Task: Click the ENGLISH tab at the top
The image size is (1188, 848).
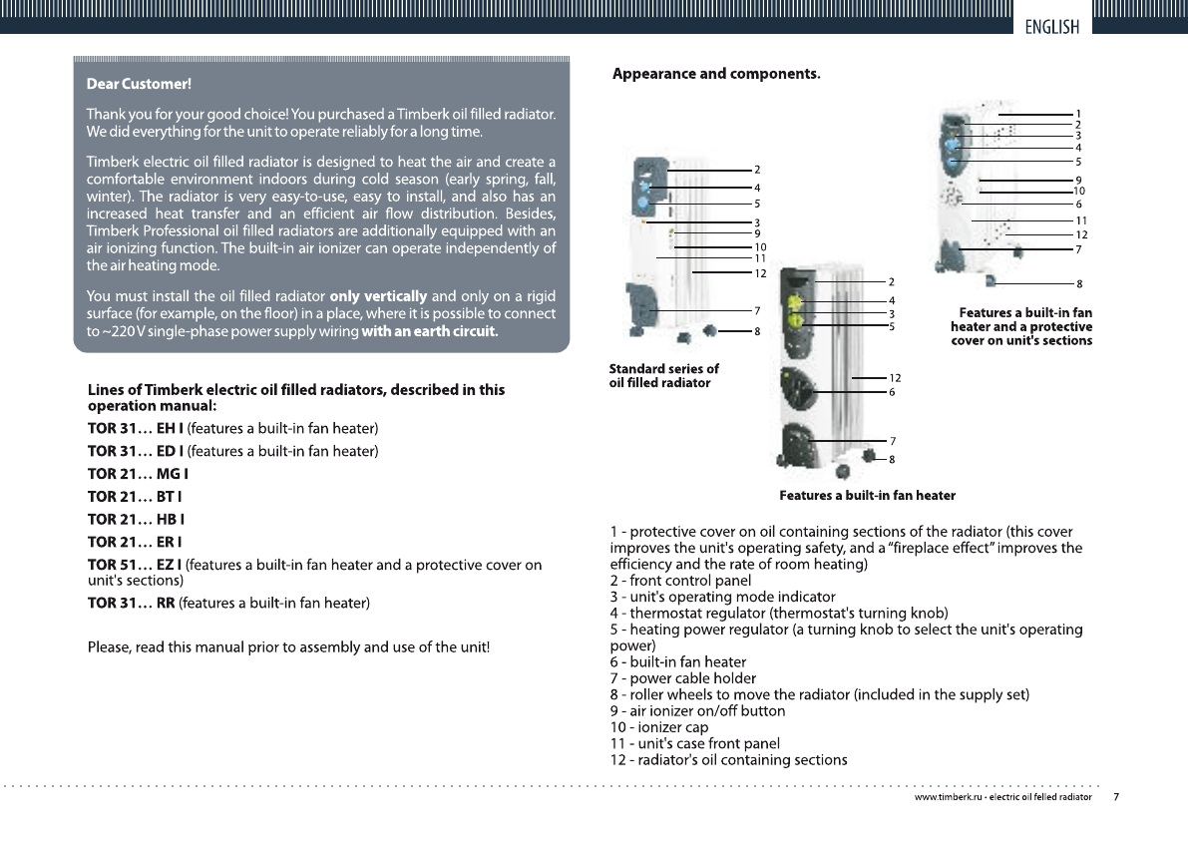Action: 1051,27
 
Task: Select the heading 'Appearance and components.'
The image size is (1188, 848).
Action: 716,74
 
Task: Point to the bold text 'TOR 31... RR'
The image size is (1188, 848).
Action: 131,603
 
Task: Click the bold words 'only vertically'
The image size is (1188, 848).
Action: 378,296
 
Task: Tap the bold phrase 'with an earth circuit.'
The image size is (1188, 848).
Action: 430,332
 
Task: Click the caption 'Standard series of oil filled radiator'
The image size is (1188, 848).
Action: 663,376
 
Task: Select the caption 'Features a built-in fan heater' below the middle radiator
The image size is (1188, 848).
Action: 867,496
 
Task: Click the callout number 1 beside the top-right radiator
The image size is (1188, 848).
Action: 1078,114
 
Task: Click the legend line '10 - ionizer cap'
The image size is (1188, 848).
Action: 659,727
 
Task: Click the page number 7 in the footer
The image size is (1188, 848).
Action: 1116,798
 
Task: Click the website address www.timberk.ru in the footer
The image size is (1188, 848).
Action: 949,798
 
